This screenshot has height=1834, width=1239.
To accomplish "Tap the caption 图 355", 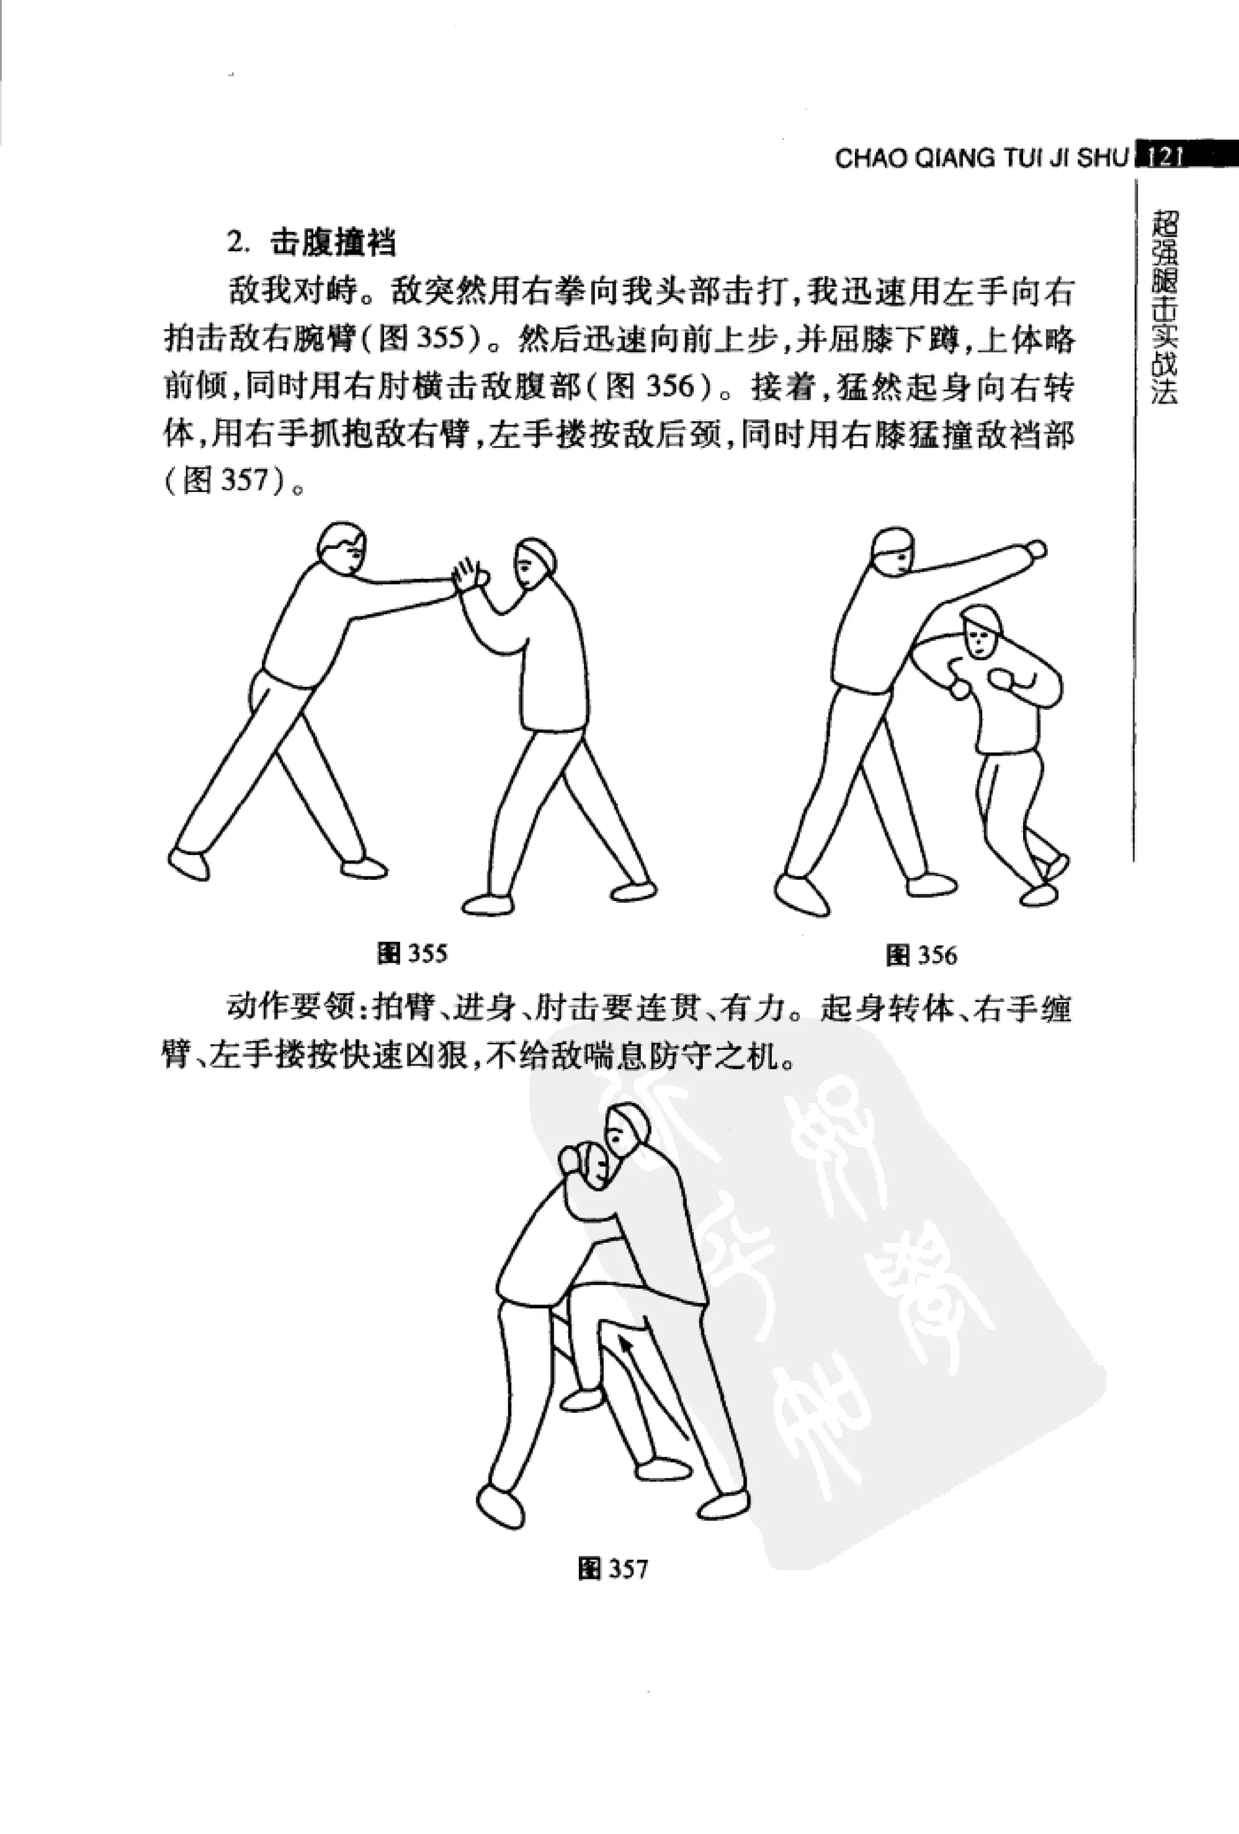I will click(x=412, y=953).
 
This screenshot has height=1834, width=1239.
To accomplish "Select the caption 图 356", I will click(x=921, y=955).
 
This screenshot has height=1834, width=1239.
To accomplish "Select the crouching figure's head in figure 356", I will click(x=979, y=632).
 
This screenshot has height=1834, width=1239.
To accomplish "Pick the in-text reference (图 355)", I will click(x=422, y=341).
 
